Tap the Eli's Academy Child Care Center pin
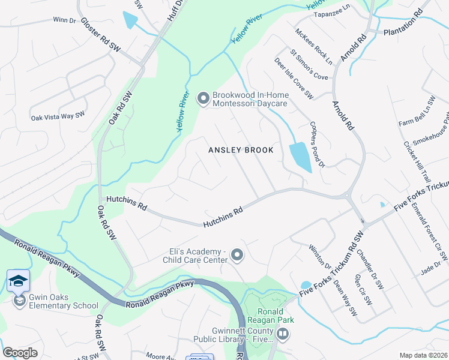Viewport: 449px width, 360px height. pos(237,256)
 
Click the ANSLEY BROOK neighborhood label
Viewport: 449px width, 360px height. pos(241,150)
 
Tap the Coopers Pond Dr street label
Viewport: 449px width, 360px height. pos(317,146)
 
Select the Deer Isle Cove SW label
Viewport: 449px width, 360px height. pos(294,78)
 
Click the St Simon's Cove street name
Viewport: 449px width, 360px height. pos(309,64)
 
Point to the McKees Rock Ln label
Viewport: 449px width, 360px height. pos(313,45)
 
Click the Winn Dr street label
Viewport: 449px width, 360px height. pos(64,20)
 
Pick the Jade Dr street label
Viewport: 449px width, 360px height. pos(430,268)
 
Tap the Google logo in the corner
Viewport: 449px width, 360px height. pos(20,353)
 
